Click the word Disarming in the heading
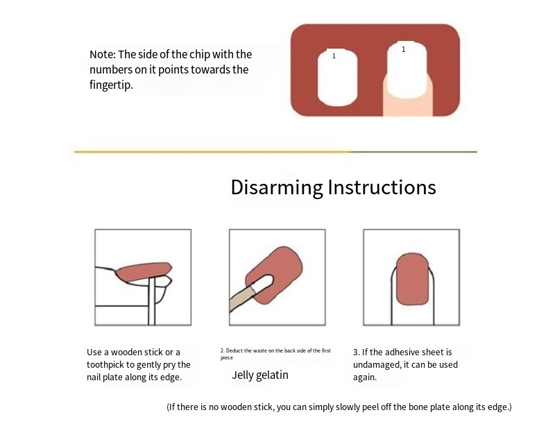click(x=277, y=188)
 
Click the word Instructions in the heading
click(x=382, y=187)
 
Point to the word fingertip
click(x=111, y=85)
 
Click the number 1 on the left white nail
click(x=334, y=56)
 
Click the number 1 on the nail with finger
click(x=404, y=49)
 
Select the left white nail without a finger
click(x=337, y=77)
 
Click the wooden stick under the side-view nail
click(x=152, y=301)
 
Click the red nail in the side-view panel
click(x=144, y=272)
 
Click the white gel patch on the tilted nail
click(x=262, y=282)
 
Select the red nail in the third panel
click(x=413, y=279)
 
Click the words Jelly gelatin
click(x=260, y=375)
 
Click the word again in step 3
click(x=364, y=377)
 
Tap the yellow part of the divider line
click(x=212, y=152)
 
